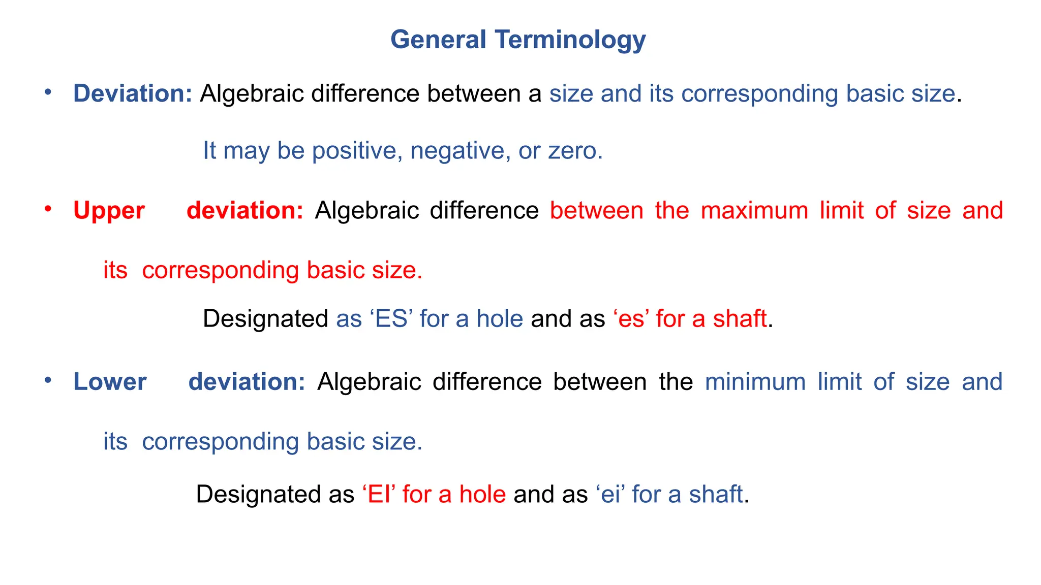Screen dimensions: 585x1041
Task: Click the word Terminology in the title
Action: (x=570, y=40)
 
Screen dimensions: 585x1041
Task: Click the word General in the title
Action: (x=438, y=40)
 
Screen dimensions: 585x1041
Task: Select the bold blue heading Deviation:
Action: (x=132, y=94)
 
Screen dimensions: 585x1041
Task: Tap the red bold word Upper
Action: (x=109, y=211)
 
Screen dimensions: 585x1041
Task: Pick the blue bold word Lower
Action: (x=110, y=382)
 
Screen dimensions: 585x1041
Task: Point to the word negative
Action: (x=457, y=151)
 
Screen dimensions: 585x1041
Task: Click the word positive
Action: (x=354, y=151)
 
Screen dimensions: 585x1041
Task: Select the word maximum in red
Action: (x=754, y=211)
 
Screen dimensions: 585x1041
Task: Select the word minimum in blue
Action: (x=755, y=382)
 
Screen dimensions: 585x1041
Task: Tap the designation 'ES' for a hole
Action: (x=391, y=319)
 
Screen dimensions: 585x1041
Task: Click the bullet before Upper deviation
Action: (x=48, y=209)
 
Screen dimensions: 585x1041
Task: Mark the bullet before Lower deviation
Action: (x=48, y=380)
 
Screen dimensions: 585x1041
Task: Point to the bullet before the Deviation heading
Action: (x=48, y=92)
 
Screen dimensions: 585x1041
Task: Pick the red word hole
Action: (x=482, y=494)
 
